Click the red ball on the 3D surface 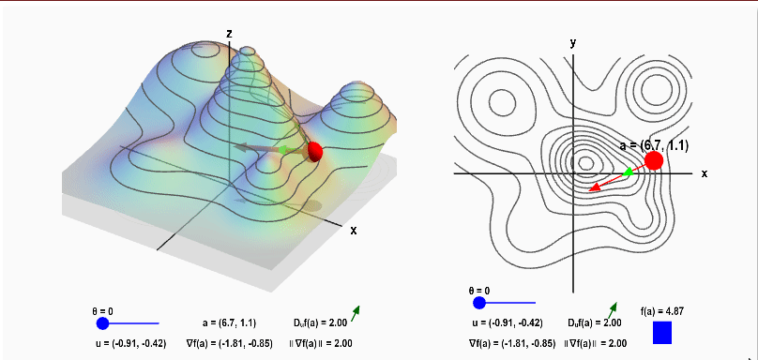click(x=314, y=152)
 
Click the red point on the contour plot click(x=654, y=160)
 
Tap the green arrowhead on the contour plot click(x=628, y=172)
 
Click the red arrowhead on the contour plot click(x=593, y=187)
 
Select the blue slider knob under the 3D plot click(x=102, y=323)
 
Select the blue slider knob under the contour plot click(x=479, y=303)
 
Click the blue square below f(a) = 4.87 click(x=662, y=333)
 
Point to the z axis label click(x=230, y=34)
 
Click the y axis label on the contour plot click(x=573, y=42)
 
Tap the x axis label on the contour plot click(x=705, y=173)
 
